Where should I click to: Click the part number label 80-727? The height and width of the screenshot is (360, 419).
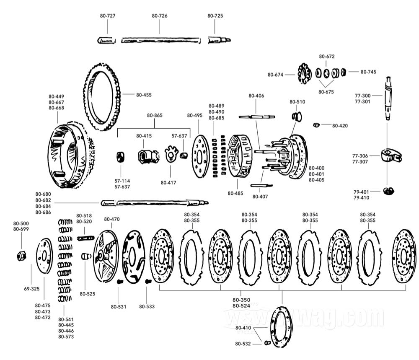coord(108,16)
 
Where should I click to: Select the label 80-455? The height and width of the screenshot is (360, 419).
coord(143,95)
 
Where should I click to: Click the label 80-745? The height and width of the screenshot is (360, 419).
coord(368,72)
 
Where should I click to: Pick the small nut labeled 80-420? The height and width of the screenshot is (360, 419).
coord(317,125)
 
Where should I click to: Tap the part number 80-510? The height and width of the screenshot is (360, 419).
coord(297,102)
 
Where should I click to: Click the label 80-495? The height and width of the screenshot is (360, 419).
coord(194,116)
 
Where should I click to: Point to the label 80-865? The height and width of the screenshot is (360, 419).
coord(155,115)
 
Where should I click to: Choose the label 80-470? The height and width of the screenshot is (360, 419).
coord(112,219)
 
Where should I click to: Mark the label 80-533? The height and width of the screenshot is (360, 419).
coord(147,307)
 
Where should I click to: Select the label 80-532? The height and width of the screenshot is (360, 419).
coord(243,344)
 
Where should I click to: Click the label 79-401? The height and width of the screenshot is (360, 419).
coord(361,192)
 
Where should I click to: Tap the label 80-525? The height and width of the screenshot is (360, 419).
coord(88,294)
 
